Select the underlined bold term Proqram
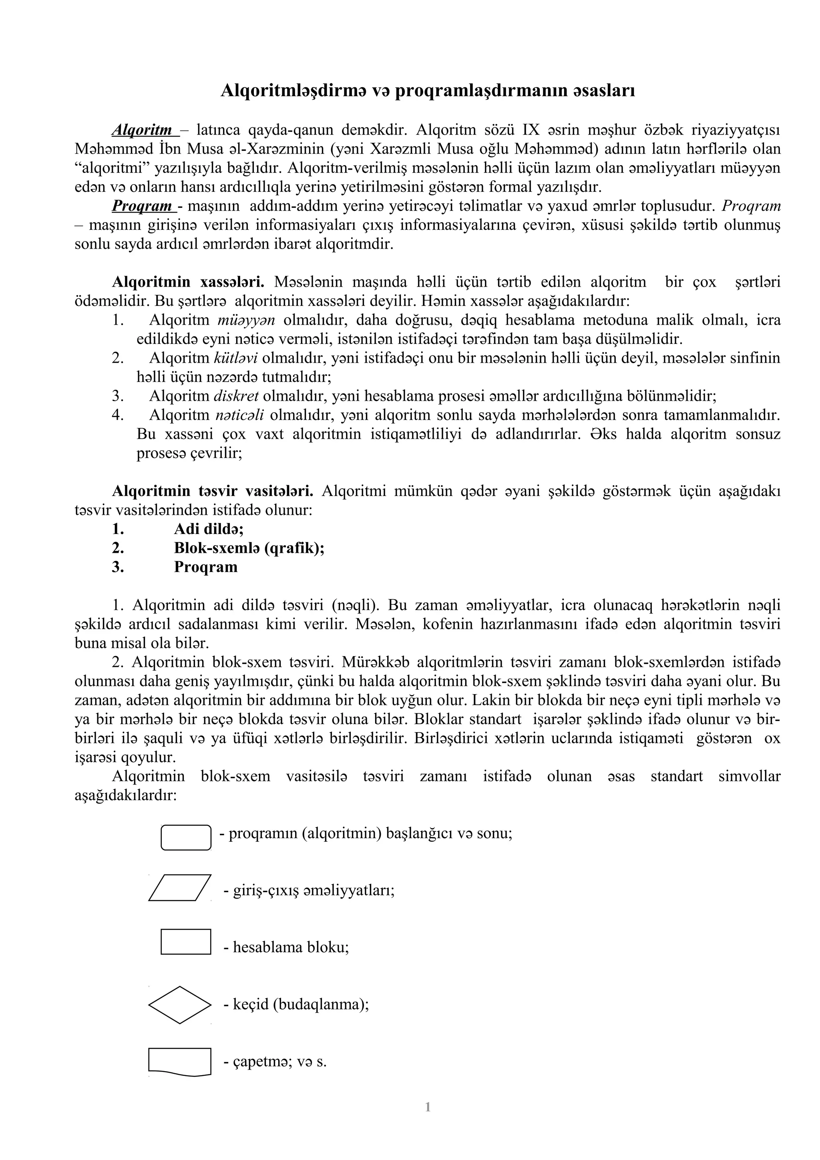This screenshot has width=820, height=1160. pos(142,206)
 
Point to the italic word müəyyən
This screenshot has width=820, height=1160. pos(246,320)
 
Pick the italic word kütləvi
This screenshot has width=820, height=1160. pos(236,358)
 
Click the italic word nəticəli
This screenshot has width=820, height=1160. pos(239,415)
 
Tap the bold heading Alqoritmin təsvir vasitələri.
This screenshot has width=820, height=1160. pos(212,491)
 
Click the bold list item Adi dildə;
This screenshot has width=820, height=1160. pos(209,529)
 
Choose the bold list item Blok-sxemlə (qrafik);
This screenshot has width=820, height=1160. pos(249,548)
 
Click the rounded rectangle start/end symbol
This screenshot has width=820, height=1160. pos(186,838)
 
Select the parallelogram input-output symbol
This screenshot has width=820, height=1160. pos(180,888)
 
